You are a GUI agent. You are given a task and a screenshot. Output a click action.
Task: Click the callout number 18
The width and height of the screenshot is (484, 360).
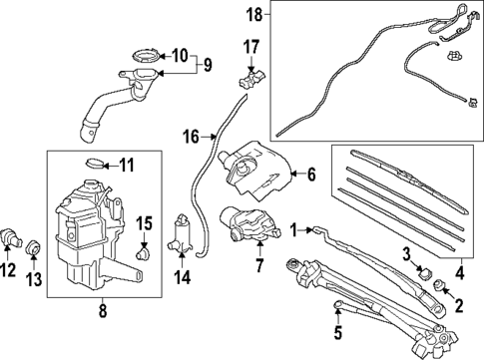click(254, 15)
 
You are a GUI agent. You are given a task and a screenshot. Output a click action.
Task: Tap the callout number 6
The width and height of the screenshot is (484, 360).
click(311, 175)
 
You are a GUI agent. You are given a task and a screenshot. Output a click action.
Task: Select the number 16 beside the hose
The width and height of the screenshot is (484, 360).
click(192, 137)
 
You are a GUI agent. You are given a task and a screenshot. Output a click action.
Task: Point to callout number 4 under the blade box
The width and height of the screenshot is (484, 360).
click(459, 272)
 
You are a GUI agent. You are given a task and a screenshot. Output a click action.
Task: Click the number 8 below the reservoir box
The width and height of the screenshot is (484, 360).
click(103, 310)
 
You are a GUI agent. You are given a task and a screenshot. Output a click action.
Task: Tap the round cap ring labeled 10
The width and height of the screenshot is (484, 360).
click(146, 55)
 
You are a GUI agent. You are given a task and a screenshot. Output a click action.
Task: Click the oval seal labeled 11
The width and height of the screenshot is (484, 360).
click(95, 164)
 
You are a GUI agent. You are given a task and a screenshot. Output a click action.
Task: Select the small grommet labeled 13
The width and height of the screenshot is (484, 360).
click(33, 248)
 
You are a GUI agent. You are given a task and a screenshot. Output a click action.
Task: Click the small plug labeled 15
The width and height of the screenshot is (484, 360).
click(144, 254)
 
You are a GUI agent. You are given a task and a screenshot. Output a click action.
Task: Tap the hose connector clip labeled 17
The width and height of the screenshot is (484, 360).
click(251, 80)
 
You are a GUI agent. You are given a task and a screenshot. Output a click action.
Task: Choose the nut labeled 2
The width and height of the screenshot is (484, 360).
click(440, 285)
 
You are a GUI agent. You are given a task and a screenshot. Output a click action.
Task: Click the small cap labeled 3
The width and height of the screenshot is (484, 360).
click(425, 273)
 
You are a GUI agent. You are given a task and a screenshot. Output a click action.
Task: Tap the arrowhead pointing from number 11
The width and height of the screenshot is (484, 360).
click(105, 165)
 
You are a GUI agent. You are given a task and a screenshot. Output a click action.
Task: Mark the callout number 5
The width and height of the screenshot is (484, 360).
click(338, 332)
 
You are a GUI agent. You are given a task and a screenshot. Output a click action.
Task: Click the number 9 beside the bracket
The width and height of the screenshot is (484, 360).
click(208, 65)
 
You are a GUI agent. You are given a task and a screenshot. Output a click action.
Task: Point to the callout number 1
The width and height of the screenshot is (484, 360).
click(293, 230)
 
